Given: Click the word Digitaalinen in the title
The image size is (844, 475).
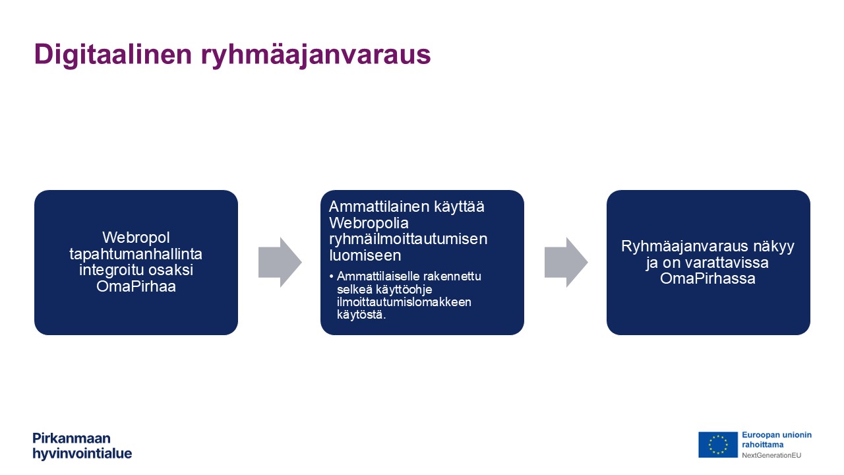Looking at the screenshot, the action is [x=113, y=55].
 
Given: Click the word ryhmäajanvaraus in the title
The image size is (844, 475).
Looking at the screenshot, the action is [x=316, y=55].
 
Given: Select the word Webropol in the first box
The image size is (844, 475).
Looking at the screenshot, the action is [x=136, y=237].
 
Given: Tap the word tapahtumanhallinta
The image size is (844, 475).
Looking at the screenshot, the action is [x=136, y=254].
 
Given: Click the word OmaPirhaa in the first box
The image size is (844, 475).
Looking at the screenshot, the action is [x=136, y=286].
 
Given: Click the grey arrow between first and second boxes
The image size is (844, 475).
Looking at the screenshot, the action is [x=280, y=263].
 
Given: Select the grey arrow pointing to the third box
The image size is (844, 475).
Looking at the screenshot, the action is [x=566, y=263].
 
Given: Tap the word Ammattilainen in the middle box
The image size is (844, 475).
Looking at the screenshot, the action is [x=379, y=206].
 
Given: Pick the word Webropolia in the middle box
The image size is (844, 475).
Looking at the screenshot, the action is [x=369, y=223].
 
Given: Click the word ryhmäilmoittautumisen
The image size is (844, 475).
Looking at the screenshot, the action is [x=408, y=239].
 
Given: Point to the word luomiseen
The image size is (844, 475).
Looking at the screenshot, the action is [x=365, y=255].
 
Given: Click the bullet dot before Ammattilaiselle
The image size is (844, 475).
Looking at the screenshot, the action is [x=331, y=276].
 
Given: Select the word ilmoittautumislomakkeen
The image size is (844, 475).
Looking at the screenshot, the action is [x=404, y=302].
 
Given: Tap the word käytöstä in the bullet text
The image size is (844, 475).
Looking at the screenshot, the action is [x=361, y=315].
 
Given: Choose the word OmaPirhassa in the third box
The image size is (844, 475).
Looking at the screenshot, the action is [x=708, y=279].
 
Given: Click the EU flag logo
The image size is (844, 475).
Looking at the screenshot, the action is [x=718, y=445].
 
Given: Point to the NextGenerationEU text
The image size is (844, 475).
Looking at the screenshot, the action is [x=771, y=455].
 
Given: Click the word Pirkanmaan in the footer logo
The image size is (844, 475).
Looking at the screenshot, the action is [x=72, y=439].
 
